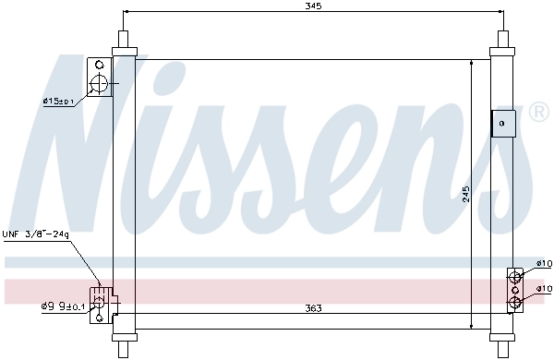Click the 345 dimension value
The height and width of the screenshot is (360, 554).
pyautogui.click(x=313, y=6)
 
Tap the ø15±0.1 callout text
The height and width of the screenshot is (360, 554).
pyautogui.click(x=58, y=102)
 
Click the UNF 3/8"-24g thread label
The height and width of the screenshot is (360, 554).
pyautogui.click(x=36, y=234)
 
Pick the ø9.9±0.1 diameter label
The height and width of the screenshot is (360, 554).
pyautogui.click(x=63, y=306)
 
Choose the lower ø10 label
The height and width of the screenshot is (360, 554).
pyautogui.click(x=544, y=289)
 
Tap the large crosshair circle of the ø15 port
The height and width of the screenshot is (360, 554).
pyautogui.click(x=98, y=85)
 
